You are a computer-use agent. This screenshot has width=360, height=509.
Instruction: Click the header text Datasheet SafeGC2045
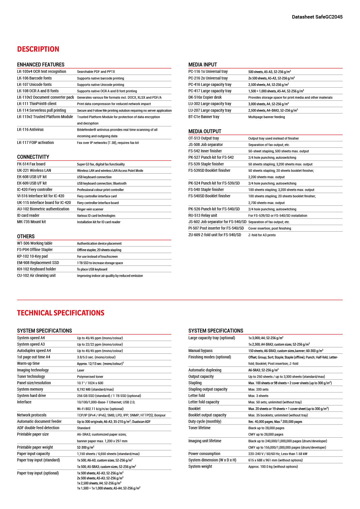coord(317,17)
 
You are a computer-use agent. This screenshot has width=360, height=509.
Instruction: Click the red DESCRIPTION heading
coord(38,49)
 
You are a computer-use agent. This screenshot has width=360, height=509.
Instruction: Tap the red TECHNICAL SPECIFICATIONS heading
coord(61,313)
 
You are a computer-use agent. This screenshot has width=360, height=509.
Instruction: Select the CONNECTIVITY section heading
coord(33,157)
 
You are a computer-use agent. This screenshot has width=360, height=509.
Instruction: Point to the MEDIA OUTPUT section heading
coord(205,131)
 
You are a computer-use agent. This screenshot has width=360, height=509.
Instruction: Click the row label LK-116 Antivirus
coord(30,129)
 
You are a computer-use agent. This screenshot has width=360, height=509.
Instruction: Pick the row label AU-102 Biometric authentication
coord(43,209)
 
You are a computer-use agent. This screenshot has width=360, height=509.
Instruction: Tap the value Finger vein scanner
coord(90,209)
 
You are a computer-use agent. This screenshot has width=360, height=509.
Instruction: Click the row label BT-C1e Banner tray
coord(204,117)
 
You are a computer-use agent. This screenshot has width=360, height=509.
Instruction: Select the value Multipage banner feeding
coord(266,117)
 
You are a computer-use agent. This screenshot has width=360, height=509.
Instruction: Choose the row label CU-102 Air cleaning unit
coord(36,275)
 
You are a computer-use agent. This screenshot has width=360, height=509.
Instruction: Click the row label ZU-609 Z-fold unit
coord(215,235)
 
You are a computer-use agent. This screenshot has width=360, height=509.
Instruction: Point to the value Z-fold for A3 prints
coord(262,235)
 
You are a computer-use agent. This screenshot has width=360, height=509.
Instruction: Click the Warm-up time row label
coord(28,363)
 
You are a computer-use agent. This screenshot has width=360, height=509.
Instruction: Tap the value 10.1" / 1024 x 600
coord(90,383)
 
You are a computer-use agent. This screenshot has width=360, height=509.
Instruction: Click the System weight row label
coord(200,466)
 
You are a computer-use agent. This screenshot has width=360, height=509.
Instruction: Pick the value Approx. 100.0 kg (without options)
coord(273,467)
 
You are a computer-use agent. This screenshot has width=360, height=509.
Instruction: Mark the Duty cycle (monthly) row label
coord(205,421)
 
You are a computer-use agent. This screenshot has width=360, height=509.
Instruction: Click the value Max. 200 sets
coord(258,389)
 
